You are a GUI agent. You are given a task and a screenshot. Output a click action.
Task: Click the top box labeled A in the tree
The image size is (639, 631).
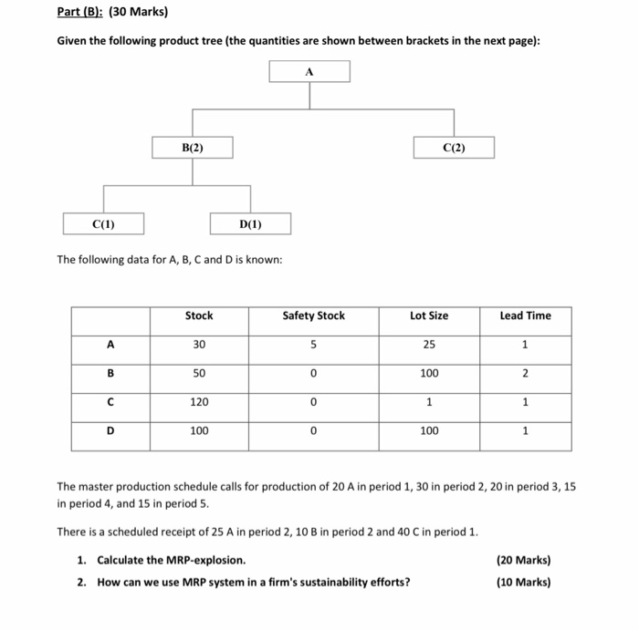(309, 71)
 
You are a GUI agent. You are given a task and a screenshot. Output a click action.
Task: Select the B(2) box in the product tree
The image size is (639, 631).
(192, 147)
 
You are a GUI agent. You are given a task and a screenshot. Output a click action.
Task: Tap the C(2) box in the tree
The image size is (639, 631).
(454, 148)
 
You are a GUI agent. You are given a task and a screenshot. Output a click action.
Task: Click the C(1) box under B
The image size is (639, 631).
(103, 223)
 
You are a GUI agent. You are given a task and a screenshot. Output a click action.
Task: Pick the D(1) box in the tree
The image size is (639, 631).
(250, 223)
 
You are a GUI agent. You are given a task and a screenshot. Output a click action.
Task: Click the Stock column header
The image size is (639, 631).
(199, 315)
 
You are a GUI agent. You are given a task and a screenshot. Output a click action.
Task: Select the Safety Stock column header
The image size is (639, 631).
(313, 315)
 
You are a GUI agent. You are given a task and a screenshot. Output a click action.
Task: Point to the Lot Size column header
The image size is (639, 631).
(429, 315)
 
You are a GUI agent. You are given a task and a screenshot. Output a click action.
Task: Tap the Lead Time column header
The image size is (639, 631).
(525, 315)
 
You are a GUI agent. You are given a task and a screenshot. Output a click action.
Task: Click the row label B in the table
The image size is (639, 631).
(110, 373)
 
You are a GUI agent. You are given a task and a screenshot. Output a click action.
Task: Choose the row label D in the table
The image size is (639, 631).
(110, 430)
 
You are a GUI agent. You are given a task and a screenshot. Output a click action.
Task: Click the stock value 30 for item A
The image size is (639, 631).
(199, 345)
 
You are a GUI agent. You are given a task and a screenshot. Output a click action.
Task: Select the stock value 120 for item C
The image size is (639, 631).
(199, 402)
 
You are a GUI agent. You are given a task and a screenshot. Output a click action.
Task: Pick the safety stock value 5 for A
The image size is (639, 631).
(313, 345)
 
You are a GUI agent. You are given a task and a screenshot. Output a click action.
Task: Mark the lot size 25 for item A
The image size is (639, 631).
(429, 345)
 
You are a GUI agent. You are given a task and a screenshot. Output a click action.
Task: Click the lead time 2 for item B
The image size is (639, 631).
(525, 373)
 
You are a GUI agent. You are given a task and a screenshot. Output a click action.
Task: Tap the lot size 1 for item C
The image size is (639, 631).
(429, 402)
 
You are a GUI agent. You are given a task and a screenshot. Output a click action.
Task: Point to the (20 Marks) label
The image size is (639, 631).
(523, 560)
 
